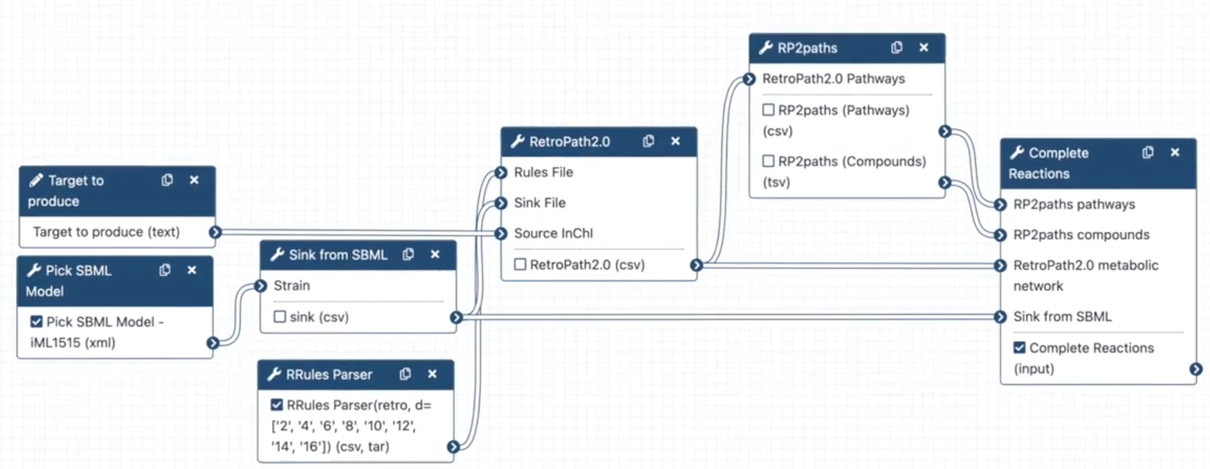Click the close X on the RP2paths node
click(x=923, y=48)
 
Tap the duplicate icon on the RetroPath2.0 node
click(x=648, y=141)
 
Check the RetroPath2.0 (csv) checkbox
click(x=520, y=264)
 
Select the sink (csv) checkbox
click(x=280, y=317)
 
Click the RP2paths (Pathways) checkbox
click(x=768, y=110)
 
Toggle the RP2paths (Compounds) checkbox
click(x=768, y=161)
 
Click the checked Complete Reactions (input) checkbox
click(x=1019, y=347)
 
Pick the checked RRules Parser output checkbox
click(x=277, y=405)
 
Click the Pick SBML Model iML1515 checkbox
click(x=36, y=322)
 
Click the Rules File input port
click(x=500, y=173)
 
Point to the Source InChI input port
click(x=500, y=233)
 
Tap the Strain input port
click(x=261, y=286)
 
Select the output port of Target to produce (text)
click(x=215, y=232)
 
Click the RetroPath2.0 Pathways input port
click(x=749, y=79)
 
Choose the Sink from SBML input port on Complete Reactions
click(x=1000, y=317)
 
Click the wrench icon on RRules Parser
click(x=274, y=375)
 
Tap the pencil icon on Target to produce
click(x=36, y=180)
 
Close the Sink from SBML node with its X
click(x=435, y=254)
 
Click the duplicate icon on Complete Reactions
click(x=1147, y=152)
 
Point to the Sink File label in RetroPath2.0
click(x=540, y=203)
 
